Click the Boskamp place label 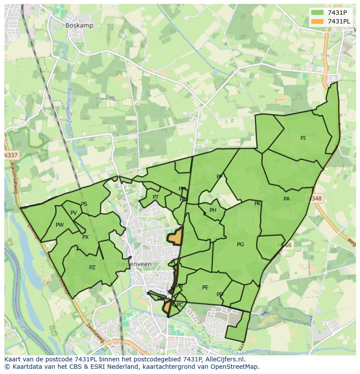point(79,26)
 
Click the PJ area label point(303,138)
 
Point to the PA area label point(287,199)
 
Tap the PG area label point(240,245)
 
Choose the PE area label point(205,288)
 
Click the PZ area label point(92,268)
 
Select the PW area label point(60,225)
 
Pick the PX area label point(85,237)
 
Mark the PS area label point(84,204)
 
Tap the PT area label point(156,197)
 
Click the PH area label point(213,210)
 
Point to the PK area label point(257,204)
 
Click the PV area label point(73,213)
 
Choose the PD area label point(220,295)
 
